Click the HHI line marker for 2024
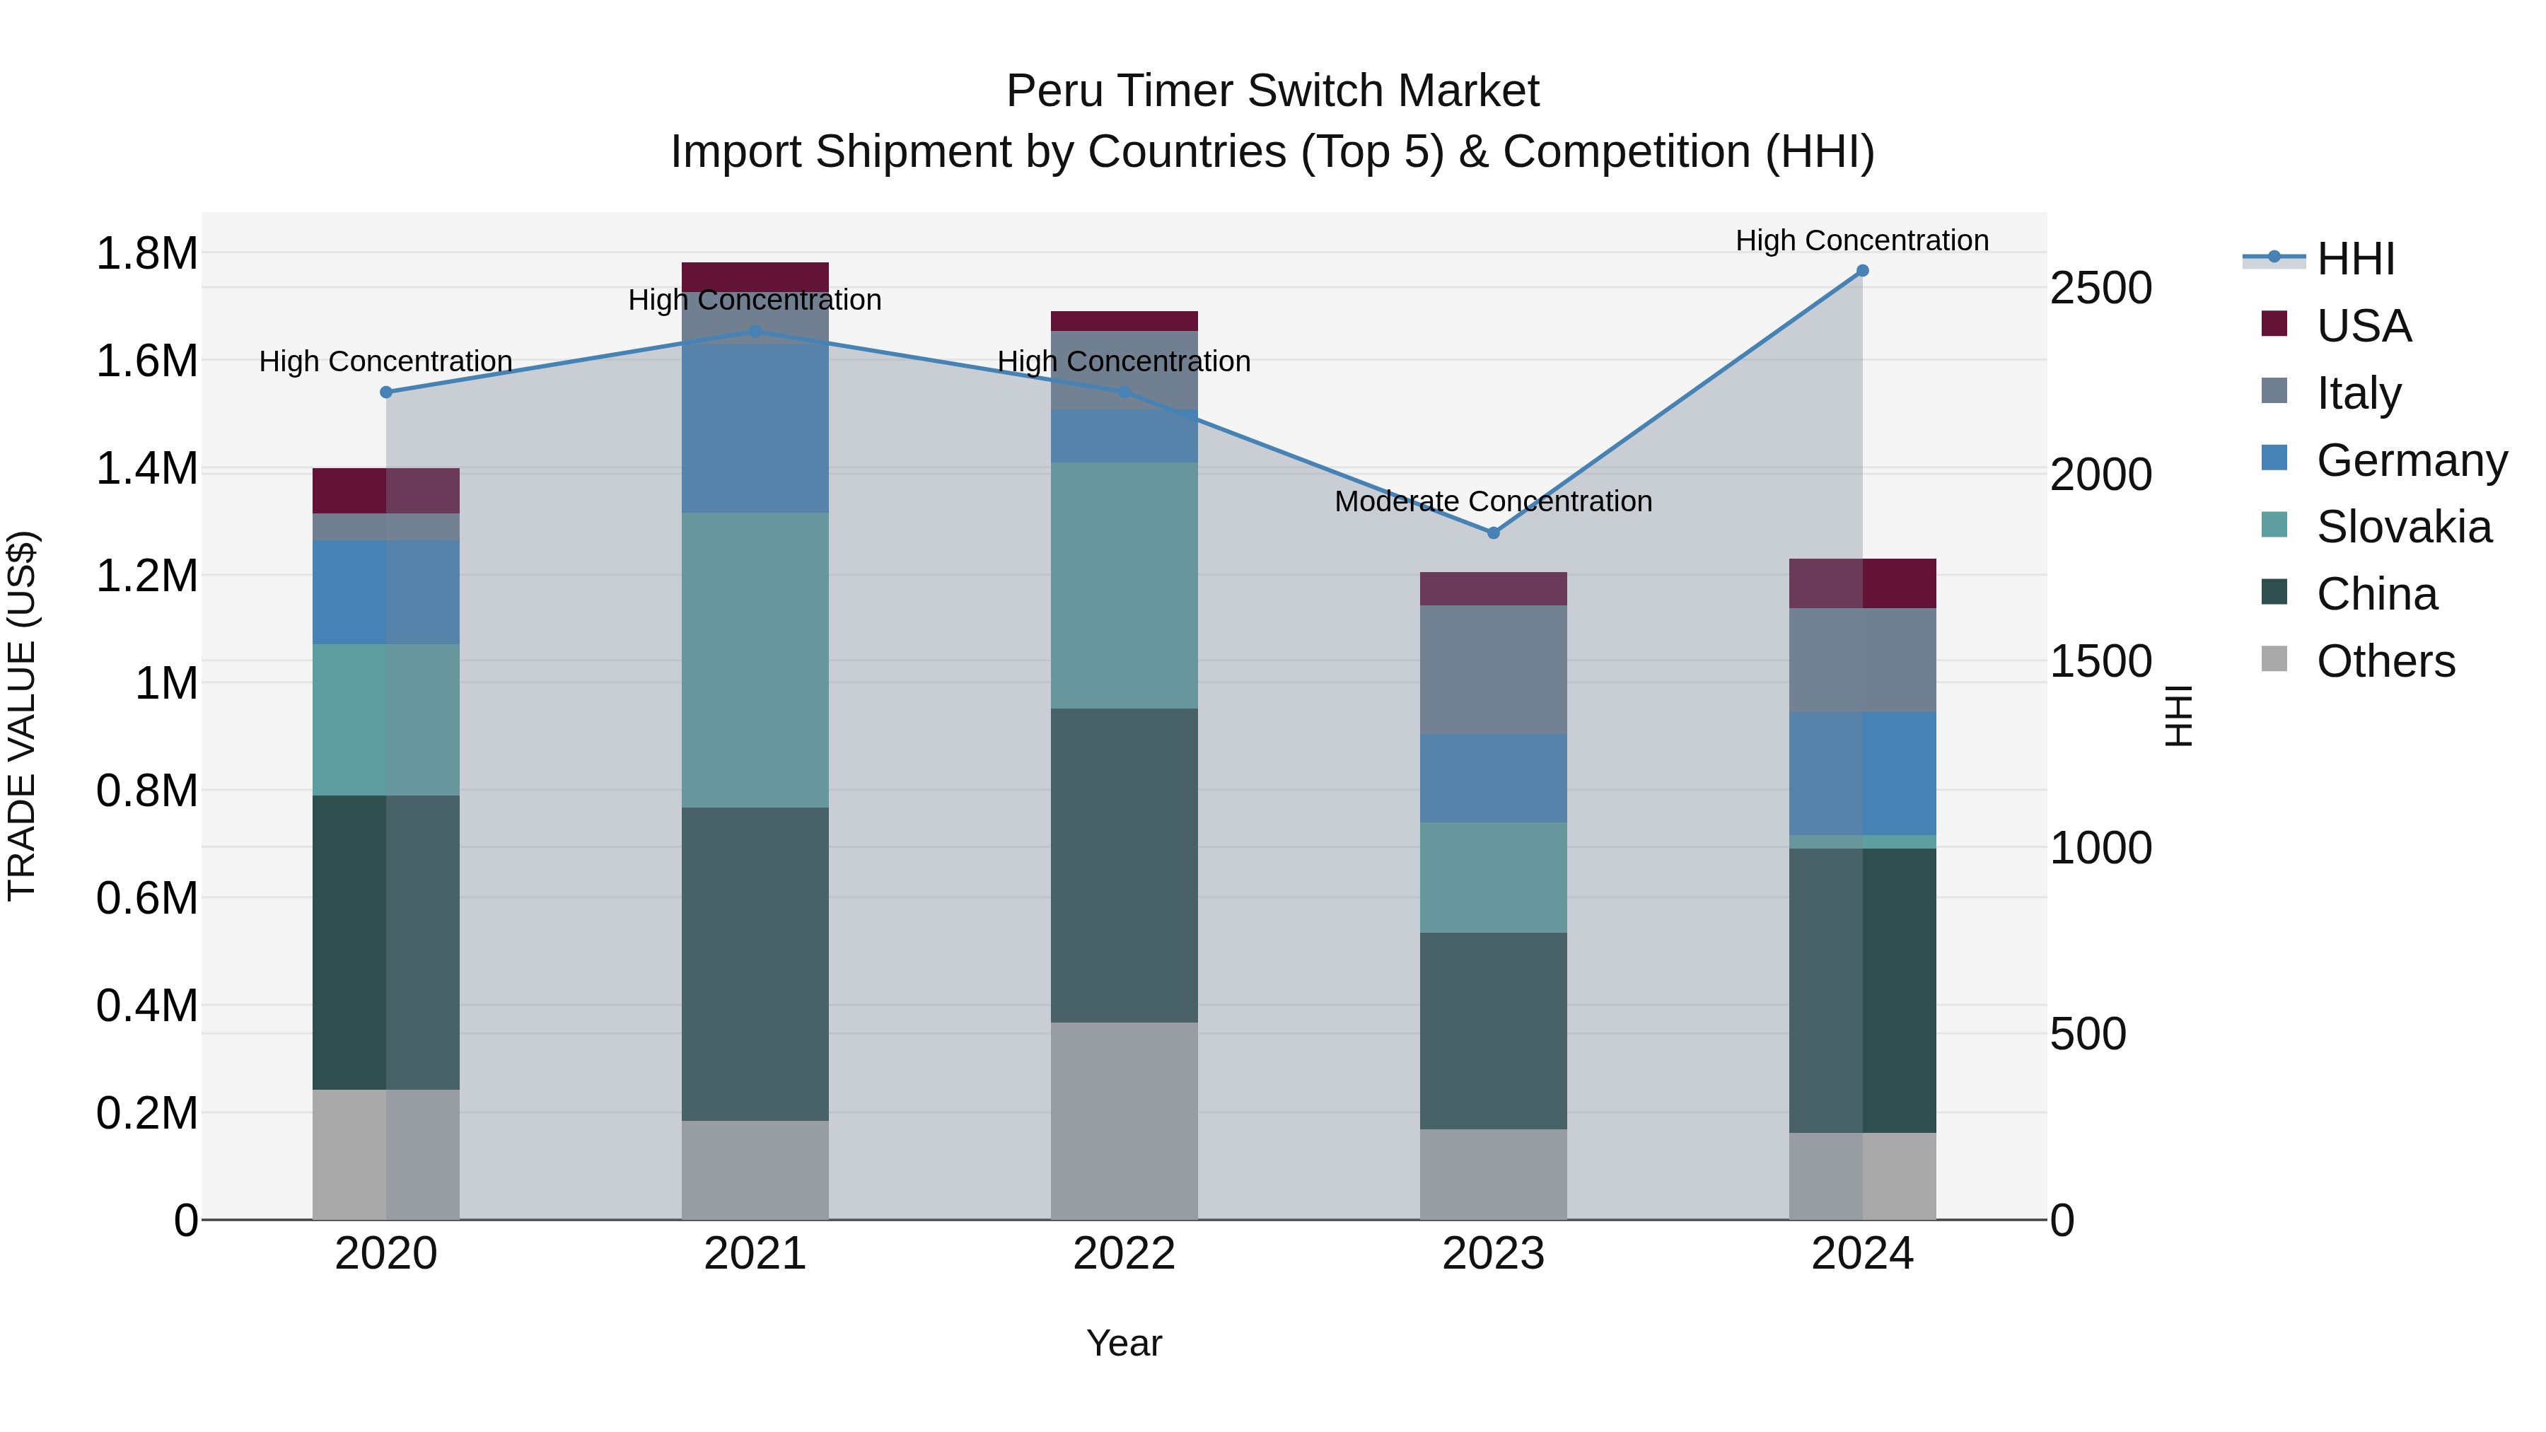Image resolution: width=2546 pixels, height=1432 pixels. point(1862,271)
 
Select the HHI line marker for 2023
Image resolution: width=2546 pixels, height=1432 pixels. point(1494,532)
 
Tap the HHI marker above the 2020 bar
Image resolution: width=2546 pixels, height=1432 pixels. point(386,392)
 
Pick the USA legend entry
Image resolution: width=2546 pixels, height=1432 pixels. point(2362,326)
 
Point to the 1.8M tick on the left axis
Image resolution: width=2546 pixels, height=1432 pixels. point(146,254)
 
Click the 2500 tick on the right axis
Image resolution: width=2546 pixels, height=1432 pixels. point(2100,289)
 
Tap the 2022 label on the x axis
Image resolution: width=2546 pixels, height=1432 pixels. point(1124,1254)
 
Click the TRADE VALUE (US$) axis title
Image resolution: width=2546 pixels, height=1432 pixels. point(23,716)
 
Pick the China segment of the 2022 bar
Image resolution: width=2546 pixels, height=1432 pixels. point(1124,865)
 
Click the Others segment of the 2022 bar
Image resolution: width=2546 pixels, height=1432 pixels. point(1124,1121)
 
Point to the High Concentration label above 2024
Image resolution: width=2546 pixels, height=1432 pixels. point(1862,241)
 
